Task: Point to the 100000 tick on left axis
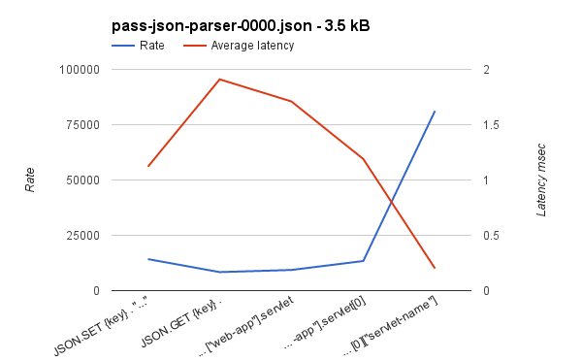click(80, 70)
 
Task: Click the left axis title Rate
click(30, 180)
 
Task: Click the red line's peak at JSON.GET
click(219, 80)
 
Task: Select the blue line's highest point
click(434, 112)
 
